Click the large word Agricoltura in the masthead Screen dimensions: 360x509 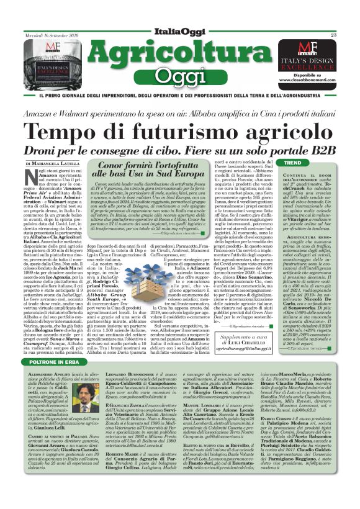181,37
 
